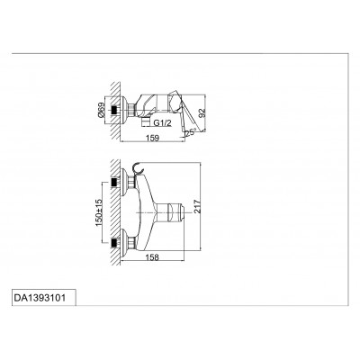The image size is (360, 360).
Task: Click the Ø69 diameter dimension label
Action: (102, 110)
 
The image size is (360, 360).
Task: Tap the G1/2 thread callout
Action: (163, 122)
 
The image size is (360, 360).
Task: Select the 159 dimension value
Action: (152, 138)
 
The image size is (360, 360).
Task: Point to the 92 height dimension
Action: (202, 112)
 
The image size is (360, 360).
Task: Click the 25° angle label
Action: (191, 132)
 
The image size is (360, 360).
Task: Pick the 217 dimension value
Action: (197, 206)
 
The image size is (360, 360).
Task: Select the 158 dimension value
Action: (152, 257)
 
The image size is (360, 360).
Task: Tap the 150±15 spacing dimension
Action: (99, 212)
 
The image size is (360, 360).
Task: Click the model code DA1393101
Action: (40, 298)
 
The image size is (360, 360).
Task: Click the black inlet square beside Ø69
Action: (114, 110)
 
